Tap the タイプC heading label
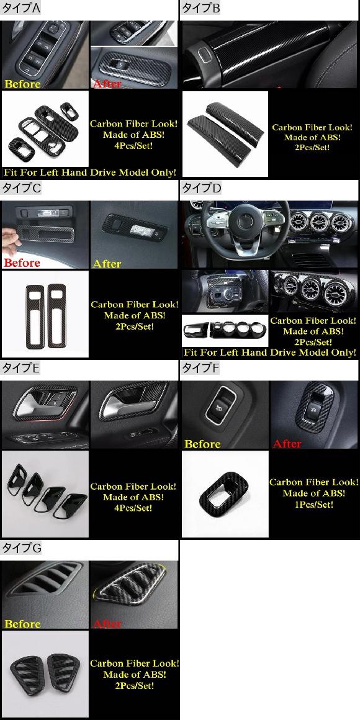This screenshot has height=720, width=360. click(x=22, y=188)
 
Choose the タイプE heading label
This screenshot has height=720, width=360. click(x=22, y=368)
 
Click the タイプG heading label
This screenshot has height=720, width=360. click(x=22, y=548)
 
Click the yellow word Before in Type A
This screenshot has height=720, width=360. click(x=22, y=84)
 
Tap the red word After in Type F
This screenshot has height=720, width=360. click(x=287, y=444)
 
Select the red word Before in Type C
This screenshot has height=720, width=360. click(x=22, y=263)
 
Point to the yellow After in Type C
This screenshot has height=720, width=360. click(x=107, y=264)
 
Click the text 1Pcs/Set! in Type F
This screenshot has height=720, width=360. click(x=313, y=505)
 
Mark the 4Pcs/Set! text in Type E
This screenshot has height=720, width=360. click(x=133, y=508)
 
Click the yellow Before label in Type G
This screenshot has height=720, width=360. click(x=22, y=624)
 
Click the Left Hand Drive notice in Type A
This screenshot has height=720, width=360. click(x=89, y=172)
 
